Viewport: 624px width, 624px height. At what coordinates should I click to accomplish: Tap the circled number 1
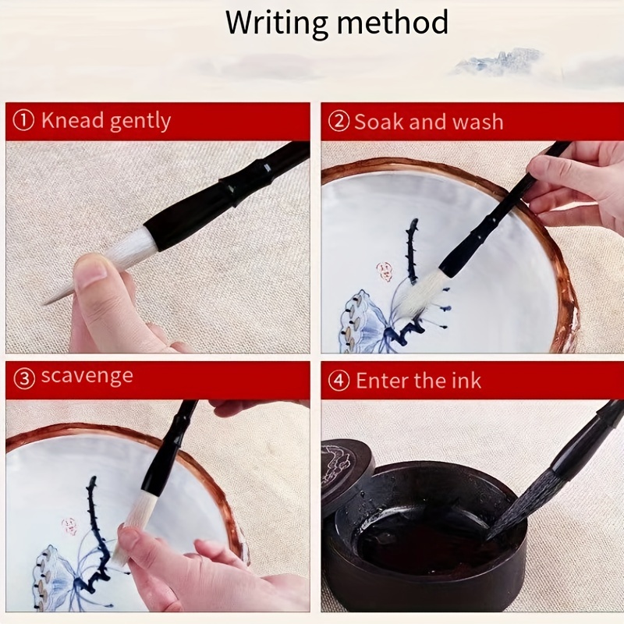[24, 121]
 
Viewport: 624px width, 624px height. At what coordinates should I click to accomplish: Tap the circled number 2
[339, 122]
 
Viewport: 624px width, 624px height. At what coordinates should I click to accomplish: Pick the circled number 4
[339, 381]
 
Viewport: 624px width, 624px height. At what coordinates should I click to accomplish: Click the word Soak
[378, 122]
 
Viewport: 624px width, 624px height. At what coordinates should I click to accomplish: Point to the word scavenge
[87, 377]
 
